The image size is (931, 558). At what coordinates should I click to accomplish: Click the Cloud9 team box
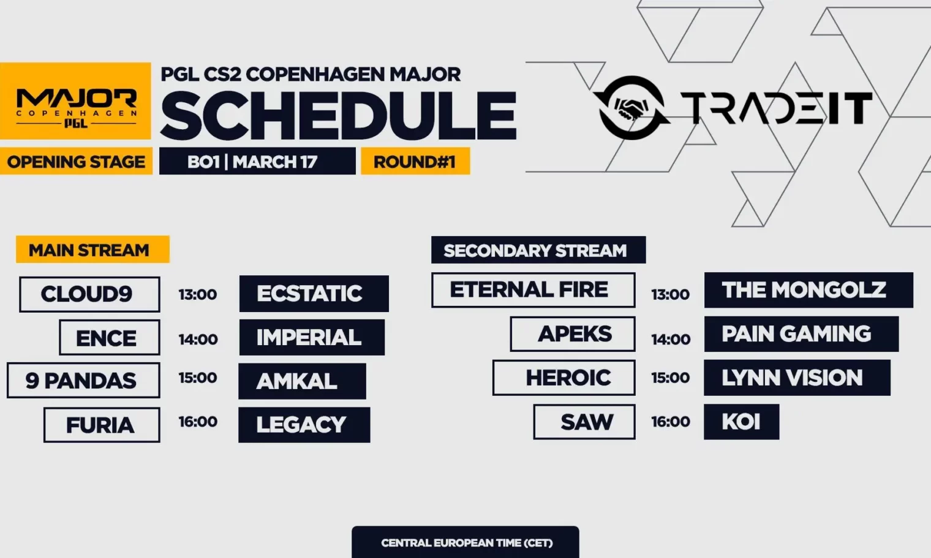pyautogui.click(x=89, y=294)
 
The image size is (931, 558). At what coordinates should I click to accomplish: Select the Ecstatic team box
pyautogui.click(x=314, y=294)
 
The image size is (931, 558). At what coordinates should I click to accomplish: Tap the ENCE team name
pyautogui.click(x=107, y=338)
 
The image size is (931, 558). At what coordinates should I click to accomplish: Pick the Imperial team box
pyautogui.click(x=312, y=337)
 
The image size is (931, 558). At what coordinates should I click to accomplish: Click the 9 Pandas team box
pyautogui.click(x=83, y=381)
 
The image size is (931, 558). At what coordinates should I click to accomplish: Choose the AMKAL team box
pyautogui.click(x=302, y=381)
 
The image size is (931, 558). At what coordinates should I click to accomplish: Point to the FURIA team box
pyautogui.click(x=102, y=425)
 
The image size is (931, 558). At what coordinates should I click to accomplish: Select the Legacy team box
pyautogui.click(x=304, y=425)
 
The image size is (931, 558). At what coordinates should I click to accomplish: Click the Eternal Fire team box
pyautogui.click(x=533, y=290)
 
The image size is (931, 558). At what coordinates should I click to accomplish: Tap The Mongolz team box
pyautogui.click(x=809, y=290)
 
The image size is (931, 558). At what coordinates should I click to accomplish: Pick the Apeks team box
pyautogui.click(x=573, y=334)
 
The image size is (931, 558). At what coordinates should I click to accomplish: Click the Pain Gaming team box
pyautogui.click(x=801, y=334)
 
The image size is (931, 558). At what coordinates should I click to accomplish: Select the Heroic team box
pyautogui.click(x=564, y=378)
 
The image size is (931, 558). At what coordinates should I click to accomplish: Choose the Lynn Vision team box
pyautogui.click(x=797, y=378)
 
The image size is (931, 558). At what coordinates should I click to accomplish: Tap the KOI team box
pyautogui.click(x=742, y=422)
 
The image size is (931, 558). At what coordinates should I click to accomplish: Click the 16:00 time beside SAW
pyautogui.click(x=671, y=422)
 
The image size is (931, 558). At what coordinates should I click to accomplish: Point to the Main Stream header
pyautogui.click(x=92, y=250)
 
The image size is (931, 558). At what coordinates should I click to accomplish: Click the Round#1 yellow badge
pyautogui.click(x=415, y=161)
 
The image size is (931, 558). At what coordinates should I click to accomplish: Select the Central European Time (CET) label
pyautogui.click(x=467, y=543)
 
